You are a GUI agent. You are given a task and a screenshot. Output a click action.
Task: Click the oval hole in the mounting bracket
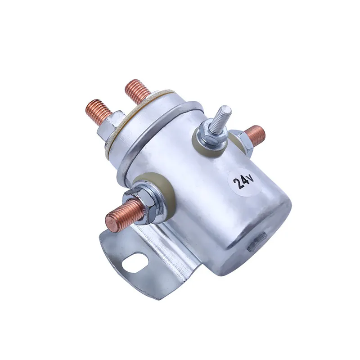pyautogui.click(x=134, y=262)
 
